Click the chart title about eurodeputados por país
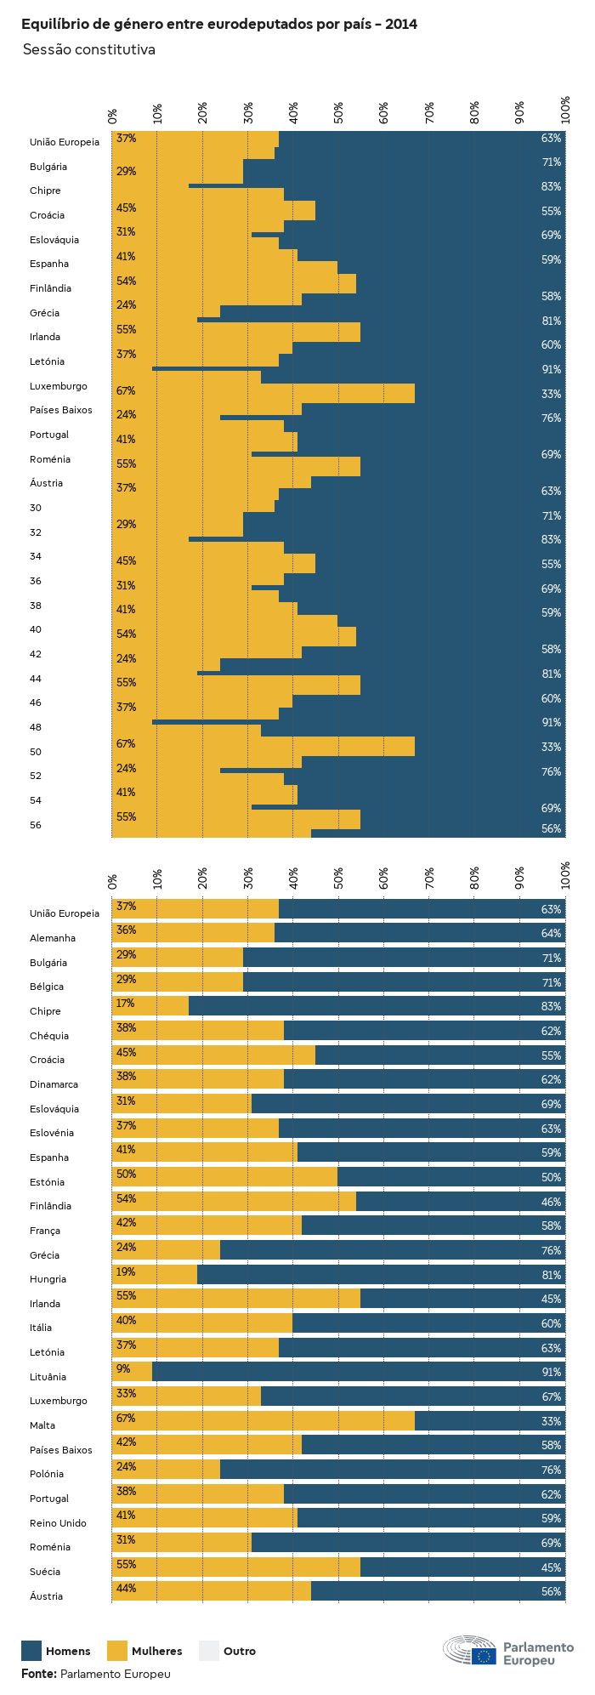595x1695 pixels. click(219, 25)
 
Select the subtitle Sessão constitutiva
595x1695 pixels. click(88, 50)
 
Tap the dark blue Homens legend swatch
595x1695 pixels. click(31, 1650)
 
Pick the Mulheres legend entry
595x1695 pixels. click(156, 1651)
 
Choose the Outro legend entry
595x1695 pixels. click(239, 1651)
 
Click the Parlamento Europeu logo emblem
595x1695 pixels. click(469, 1650)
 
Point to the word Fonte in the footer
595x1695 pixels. click(38, 1673)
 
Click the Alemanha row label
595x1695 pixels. click(53, 938)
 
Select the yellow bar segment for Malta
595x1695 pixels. click(263, 1422)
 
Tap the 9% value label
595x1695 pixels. click(123, 1368)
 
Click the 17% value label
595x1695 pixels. click(126, 1004)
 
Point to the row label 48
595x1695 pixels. click(35, 727)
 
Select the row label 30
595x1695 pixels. click(35, 508)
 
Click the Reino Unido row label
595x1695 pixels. click(58, 1522)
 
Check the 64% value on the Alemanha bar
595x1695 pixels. click(551, 934)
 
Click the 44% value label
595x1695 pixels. click(126, 1589)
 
